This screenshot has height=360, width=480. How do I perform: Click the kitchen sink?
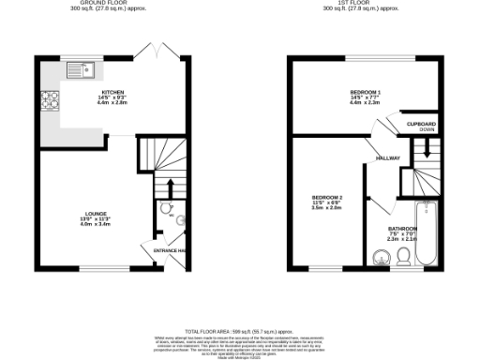(77, 68)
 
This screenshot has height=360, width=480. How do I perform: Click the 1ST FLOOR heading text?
(362, 3)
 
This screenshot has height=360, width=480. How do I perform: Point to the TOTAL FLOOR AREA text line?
(238, 333)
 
